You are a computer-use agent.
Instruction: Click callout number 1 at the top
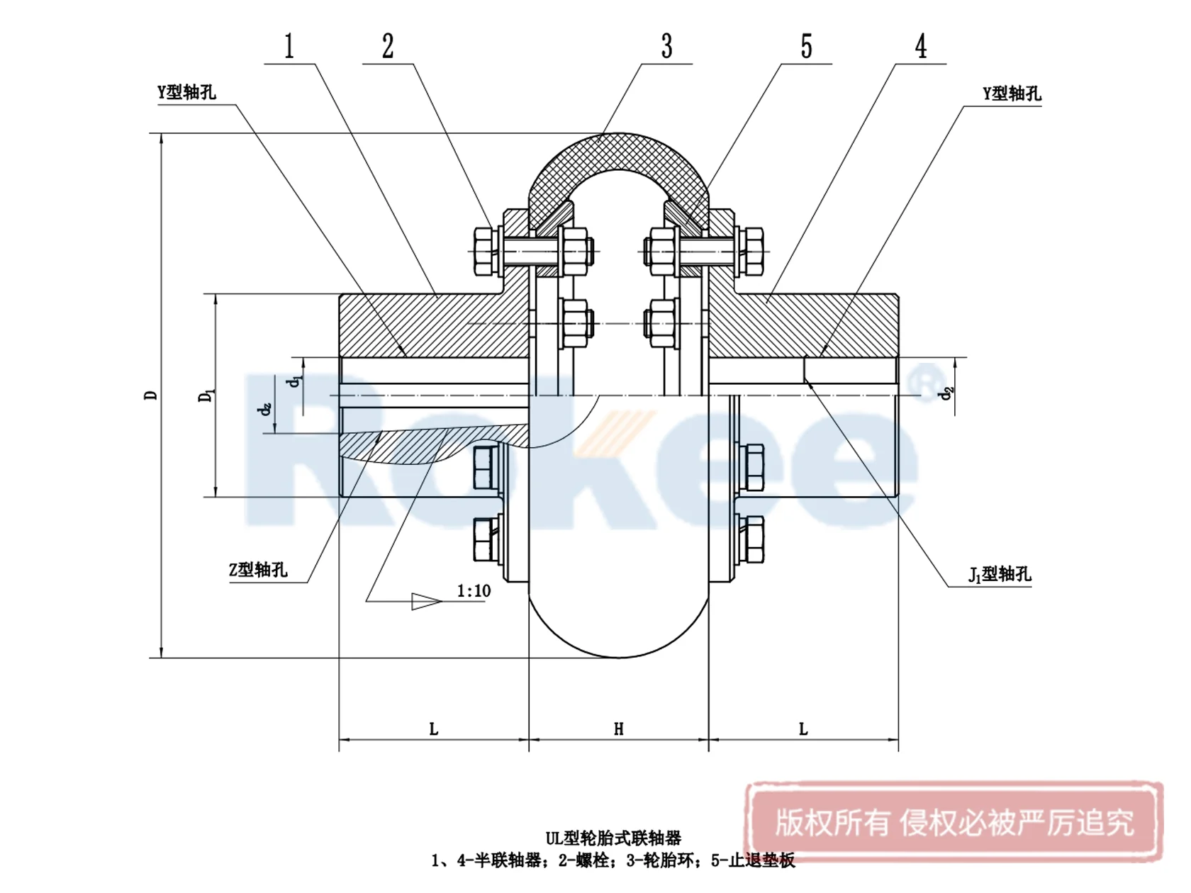[289, 47]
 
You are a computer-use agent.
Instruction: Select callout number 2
[388, 47]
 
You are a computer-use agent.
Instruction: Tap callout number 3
[666, 47]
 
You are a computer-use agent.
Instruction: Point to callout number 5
[807, 47]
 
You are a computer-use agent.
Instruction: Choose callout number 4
[921, 47]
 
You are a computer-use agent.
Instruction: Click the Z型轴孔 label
[258, 570]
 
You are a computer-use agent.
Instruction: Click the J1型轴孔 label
[1000, 574]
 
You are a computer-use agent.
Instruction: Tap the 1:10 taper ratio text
[474, 591]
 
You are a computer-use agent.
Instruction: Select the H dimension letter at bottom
[618, 729]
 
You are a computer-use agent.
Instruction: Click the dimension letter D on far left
[150, 395]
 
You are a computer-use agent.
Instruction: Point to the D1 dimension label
[206, 395]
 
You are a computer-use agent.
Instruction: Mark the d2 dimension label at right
[947, 393]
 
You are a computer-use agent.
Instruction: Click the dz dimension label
[265, 409]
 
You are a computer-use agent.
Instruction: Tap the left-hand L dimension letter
[434, 729]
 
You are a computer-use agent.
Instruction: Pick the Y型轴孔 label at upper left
[186, 92]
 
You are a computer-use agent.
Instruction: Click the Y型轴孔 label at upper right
[1012, 94]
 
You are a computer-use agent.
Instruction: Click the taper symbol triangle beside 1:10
[425, 601]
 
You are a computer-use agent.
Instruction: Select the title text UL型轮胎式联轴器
[613, 838]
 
